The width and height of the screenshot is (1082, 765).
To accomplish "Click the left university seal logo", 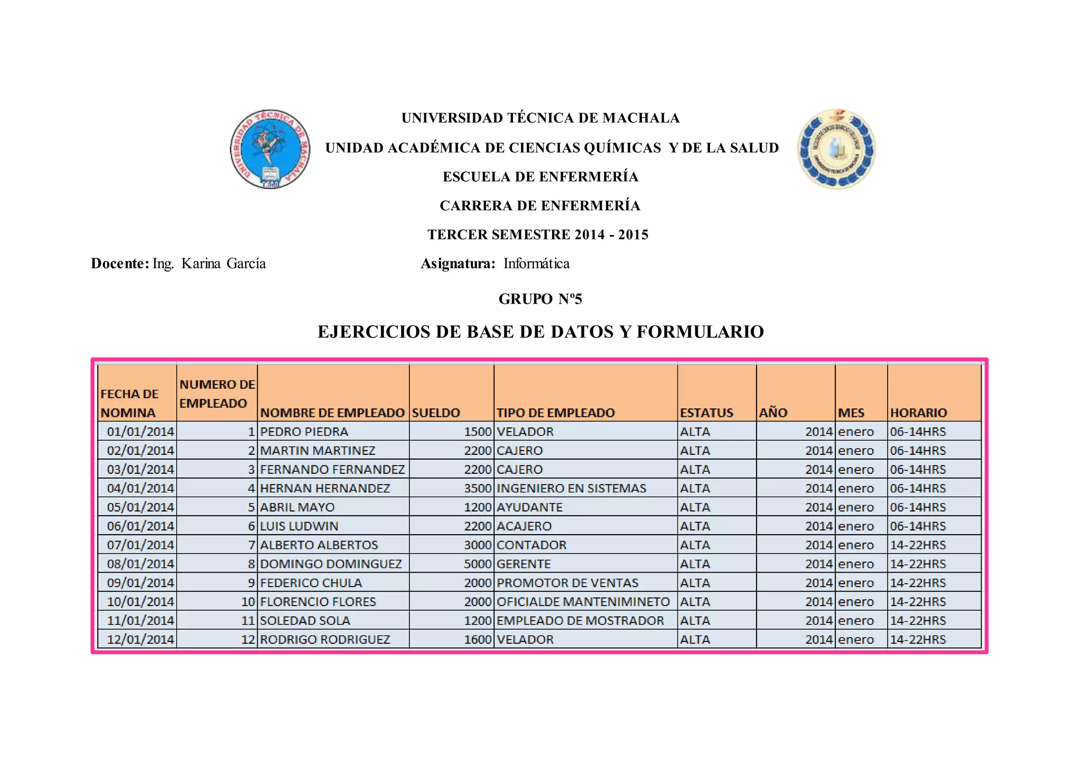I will (x=270, y=150).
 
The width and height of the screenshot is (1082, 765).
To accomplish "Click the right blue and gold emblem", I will (x=836, y=150).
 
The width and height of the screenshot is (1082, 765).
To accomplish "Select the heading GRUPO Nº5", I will (x=540, y=299).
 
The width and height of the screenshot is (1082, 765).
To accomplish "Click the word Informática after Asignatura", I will (x=536, y=264).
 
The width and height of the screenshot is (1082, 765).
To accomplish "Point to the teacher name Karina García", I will (x=223, y=264).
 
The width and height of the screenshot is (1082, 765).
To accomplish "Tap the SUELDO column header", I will (x=436, y=413).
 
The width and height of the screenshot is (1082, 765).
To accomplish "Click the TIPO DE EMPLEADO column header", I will (x=555, y=413).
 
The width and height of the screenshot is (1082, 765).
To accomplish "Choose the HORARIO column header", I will (x=918, y=413).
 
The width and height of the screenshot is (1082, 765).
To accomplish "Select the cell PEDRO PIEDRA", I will (x=304, y=432).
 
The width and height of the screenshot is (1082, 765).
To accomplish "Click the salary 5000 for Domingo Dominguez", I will (x=478, y=564).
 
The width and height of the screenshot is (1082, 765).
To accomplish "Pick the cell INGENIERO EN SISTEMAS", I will (x=571, y=488).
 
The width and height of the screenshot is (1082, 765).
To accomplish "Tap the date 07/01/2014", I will (x=141, y=545).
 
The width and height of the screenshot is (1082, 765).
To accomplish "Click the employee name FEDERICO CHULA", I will (x=311, y=583).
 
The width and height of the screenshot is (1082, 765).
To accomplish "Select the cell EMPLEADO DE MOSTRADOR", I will (x=580, y=620).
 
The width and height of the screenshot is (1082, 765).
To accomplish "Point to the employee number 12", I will (x=248, y=639).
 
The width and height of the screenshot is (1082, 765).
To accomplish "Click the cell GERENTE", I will (x=524, y=564).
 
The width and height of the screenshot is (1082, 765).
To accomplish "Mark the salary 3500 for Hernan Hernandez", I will (x=478, y=488).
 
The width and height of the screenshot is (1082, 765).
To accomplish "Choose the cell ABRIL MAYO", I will (x=297, y=507).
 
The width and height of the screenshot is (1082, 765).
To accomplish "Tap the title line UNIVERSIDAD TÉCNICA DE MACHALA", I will (x=540, y=118).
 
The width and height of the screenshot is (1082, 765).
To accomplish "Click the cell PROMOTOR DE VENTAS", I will (x=567, y=583).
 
